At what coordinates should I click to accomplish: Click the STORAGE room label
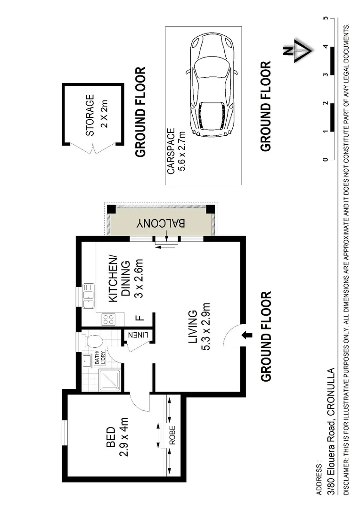pyautogui.click(x=90, y=115)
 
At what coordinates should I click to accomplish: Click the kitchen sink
pyautogui.click(x=88, y=296)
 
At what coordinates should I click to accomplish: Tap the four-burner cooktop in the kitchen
pyautogui.click(x=108, y=320)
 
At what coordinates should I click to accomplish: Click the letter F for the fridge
pyautogui.click(x=140, y=317)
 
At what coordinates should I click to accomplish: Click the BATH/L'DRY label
pyautogui.click(x=100, y=358)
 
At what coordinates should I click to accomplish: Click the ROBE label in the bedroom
pyautogui.click(x=172, y=436)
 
